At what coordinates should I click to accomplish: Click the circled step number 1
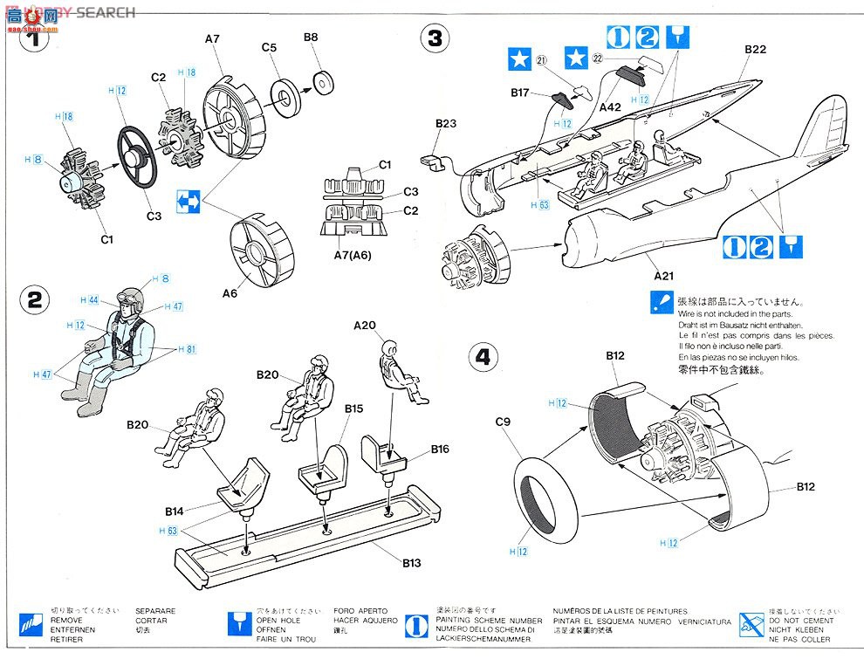[x=34, y=38]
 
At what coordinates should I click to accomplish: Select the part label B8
[x=312, y=38]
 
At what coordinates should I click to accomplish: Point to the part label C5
[x=269, y=47]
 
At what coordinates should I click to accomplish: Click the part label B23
[x=445, y=124]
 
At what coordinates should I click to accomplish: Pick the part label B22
[x=755, y=50]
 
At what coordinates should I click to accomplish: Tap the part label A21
[x=665, y=275]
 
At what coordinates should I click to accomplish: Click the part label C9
[x=504, y=422]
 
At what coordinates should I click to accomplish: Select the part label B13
[x=410, y=563]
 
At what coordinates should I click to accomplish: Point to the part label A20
[x=365, y=326]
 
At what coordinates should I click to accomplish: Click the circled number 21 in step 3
[x=541, y=60]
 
